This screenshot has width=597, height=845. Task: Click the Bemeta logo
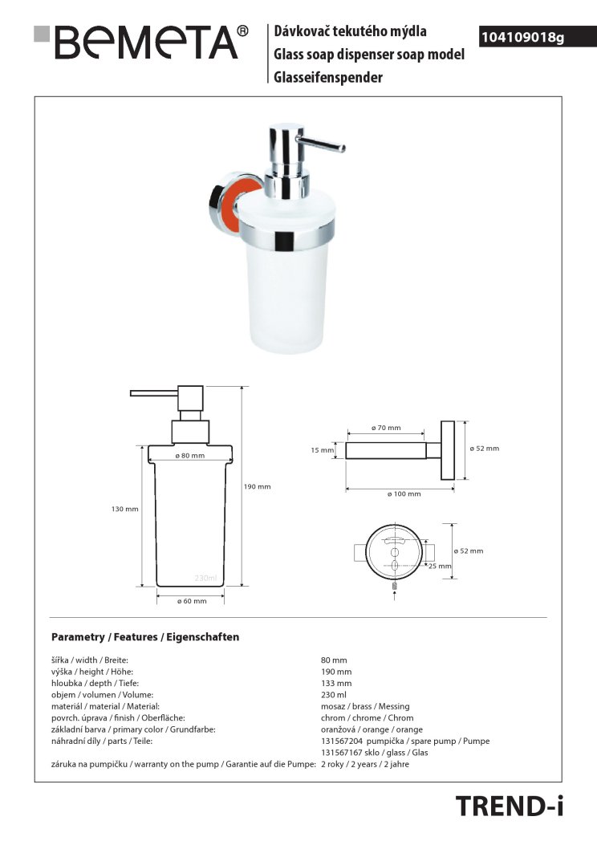141,42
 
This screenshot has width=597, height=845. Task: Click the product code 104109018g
522,37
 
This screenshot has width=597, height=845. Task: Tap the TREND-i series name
510,806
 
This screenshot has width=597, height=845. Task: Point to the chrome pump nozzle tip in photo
340,148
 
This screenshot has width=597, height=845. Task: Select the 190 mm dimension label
257,486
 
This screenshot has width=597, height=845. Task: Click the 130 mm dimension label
125,509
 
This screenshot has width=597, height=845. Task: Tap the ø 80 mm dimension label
190,455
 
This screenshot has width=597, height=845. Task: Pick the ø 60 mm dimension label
192,601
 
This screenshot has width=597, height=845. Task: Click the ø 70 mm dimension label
386,428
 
